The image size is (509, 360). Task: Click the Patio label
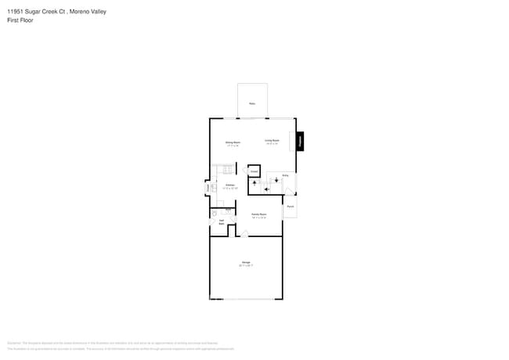point(252,103)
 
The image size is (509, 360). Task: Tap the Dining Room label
point(233,142)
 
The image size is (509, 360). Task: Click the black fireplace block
point(301,141)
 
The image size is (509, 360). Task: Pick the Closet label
point(254,171)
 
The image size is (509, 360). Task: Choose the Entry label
point(285,176)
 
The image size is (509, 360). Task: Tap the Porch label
point(290,207)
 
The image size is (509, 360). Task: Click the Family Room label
point(259,214)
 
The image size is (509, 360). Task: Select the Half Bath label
point(222,223)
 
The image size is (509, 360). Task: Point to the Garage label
point(246,262)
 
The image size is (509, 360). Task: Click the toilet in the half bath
point(215,214)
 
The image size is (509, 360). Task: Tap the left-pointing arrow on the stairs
point(267,189)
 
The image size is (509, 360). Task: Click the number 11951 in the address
point(16,12)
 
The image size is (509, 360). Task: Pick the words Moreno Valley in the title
point(88,12)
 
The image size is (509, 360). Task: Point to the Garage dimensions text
point(246,266)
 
